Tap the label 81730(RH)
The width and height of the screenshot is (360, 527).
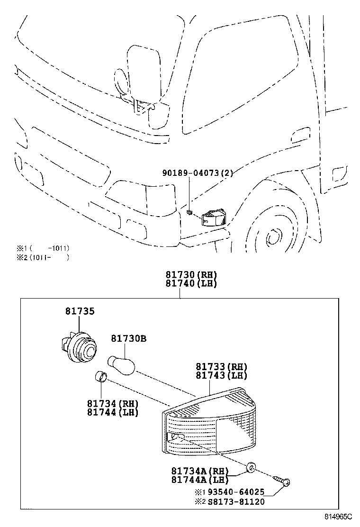(x=191, y=275)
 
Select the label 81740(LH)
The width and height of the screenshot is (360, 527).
(x=191, y=284)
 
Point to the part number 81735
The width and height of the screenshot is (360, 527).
(x=80, y=311)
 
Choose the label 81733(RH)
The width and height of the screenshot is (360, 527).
(x=222, y=367)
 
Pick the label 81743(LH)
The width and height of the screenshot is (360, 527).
(x=222, y=375)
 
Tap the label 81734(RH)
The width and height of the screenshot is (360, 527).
(x=112, y=404)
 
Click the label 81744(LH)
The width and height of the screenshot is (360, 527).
(x=112, y=412)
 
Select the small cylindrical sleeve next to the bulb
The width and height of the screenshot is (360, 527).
(x=100, y=377)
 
